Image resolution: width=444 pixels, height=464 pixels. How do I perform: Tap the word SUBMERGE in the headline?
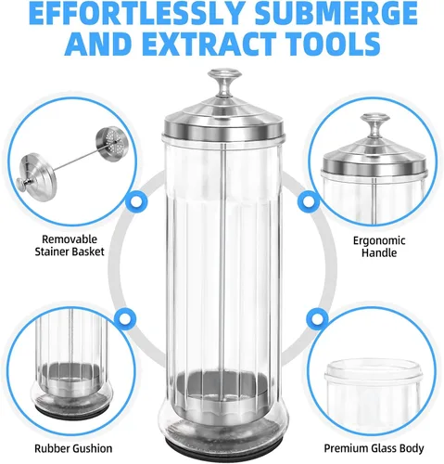(336, 15)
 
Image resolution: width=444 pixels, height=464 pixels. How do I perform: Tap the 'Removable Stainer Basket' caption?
(70, 245)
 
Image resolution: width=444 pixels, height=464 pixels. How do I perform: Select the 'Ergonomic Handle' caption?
(379, 247)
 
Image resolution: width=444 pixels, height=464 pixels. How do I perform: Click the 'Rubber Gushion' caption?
(73, 448)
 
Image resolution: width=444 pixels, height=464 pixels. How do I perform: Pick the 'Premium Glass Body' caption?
(374, 448)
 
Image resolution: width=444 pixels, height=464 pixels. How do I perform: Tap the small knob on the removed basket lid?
(22, 185)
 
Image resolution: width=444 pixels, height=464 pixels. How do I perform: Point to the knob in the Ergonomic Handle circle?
(375, 123)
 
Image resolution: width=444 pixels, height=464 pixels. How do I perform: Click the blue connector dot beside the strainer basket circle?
(136, 201)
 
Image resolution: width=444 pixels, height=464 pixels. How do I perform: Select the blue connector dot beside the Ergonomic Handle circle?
(309, 201)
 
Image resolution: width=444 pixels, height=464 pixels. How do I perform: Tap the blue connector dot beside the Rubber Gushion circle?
(125, 318)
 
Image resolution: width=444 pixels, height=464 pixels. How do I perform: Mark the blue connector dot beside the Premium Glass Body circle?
(317, 318)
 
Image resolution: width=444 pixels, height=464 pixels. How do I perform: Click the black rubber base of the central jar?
(223, 456)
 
